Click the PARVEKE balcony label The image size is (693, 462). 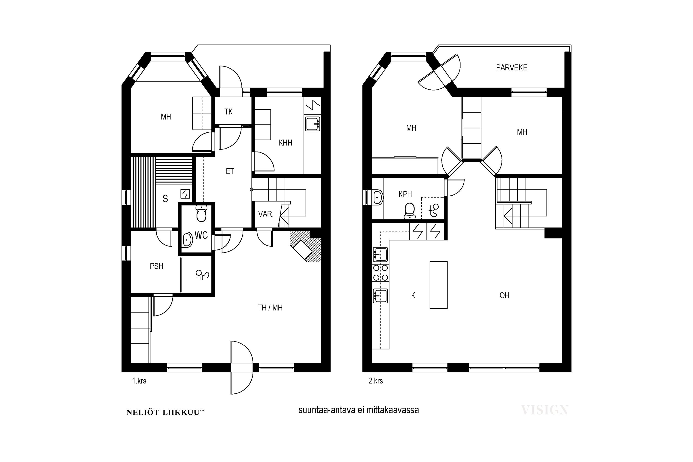511,67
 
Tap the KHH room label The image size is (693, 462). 286,143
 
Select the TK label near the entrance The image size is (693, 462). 228,112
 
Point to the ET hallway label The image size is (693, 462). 230,171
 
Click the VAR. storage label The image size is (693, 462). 266,214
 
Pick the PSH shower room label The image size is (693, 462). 156,266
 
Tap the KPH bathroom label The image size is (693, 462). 405,194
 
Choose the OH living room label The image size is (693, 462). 505,295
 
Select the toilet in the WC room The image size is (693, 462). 201,213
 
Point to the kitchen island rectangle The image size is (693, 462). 438,285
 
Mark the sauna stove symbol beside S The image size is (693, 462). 185,194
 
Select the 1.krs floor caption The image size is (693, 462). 139,381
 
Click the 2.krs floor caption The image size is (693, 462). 376,381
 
